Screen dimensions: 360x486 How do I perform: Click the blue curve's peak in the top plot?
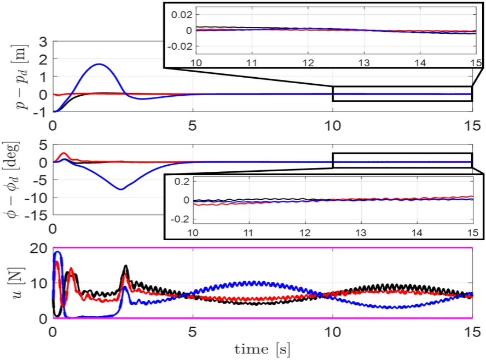(x=99, y=65)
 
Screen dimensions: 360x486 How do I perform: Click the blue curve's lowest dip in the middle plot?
(x=120, y=189)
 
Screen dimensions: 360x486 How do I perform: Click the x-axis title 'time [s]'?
(x=262, y=349)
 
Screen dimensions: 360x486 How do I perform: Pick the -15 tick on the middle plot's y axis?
(x=37, y=214)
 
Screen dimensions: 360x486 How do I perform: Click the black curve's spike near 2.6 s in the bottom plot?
(x=126, y=266)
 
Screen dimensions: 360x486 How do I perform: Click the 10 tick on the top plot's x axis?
(x=332, y=125)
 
